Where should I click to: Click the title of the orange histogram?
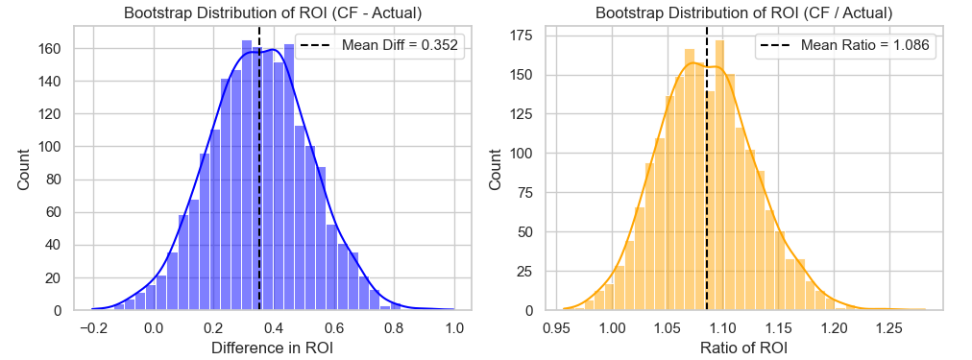744,13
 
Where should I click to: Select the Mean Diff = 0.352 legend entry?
379,46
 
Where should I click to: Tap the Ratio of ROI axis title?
744,348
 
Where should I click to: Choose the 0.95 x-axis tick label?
557,326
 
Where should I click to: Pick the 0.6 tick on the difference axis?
333,326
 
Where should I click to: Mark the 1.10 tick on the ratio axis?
723,326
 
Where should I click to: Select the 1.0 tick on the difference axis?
454,326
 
